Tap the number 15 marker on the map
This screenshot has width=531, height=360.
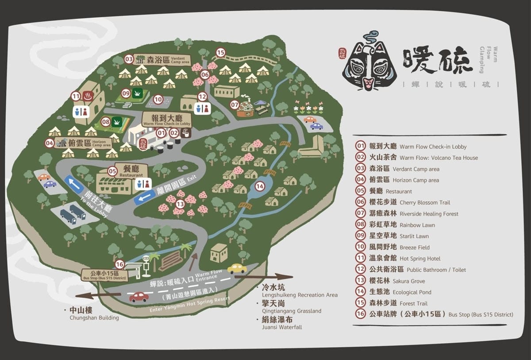click(x=221, y=53)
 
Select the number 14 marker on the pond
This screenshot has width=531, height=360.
click(x=260, y=186)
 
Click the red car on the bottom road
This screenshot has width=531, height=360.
click(x=139, y=297)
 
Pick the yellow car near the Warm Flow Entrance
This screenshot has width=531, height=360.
click(x=237, y=268)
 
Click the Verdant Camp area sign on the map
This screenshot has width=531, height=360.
click(x=162, y=59)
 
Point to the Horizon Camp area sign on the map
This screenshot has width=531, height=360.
click(x=84, y=143)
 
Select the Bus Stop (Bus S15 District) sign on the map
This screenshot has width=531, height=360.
click(x=104, y=275)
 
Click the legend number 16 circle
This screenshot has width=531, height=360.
click(x=361, y=314)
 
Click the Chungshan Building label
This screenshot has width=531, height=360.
click(x=94, y=314)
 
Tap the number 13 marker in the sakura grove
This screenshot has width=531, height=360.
click(x=180, y=204)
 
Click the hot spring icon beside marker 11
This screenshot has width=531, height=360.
click(x=88, y=95)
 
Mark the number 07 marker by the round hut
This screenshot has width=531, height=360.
click(x=235, y=105)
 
